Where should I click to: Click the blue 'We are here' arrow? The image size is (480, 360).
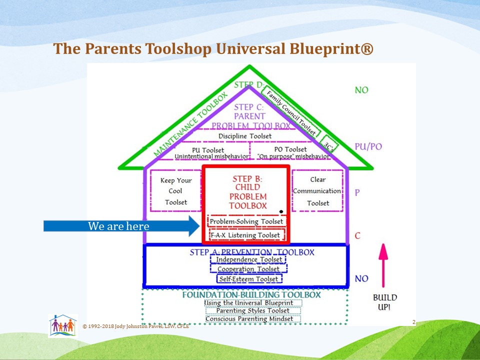coord(120,226)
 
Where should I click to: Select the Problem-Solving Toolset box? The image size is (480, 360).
coord(246,221)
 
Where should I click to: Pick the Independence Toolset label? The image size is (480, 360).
coord(248,259)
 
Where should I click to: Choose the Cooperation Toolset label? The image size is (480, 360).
coord(248,269)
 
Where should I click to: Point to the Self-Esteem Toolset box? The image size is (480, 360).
coord(248,278)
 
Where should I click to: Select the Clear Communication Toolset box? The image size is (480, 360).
coord(317,191)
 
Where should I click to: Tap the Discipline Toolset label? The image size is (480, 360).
coord(245,136)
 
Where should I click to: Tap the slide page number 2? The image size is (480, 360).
coord(413,322)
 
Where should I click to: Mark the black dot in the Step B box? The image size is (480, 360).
coord(281,211)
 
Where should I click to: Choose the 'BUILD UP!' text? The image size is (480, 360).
coord(384,302)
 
